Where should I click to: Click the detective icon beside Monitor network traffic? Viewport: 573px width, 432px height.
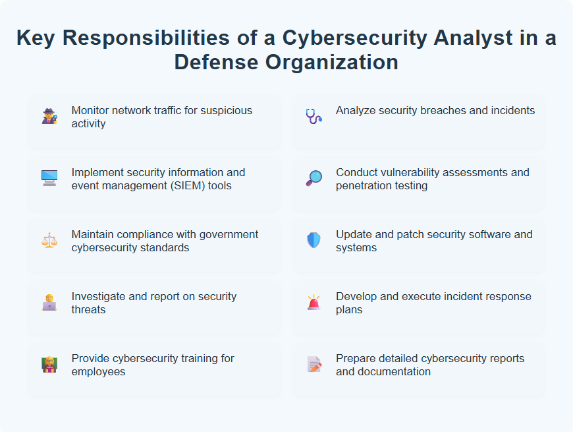click(49, 117)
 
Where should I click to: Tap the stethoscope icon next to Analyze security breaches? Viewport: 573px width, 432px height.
click(314, 117)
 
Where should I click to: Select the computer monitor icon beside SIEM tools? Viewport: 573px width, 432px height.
click(49, 178)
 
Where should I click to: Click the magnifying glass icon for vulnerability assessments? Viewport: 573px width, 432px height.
click(314, 178)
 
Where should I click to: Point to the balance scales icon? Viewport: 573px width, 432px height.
click(49, 240)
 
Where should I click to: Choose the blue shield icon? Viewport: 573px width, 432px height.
click(314, 240)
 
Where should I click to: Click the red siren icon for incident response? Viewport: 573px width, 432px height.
click(314, 302)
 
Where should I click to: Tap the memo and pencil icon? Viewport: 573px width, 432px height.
click(314, 364)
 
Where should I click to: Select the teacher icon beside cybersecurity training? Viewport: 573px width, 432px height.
click(49, 364)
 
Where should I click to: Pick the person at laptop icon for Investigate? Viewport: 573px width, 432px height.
click(49, 302)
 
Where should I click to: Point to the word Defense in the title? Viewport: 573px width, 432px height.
click(215, 62)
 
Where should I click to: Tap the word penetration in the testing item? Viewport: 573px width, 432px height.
click(364, 185)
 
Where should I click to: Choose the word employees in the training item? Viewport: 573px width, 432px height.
click(99, 371)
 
